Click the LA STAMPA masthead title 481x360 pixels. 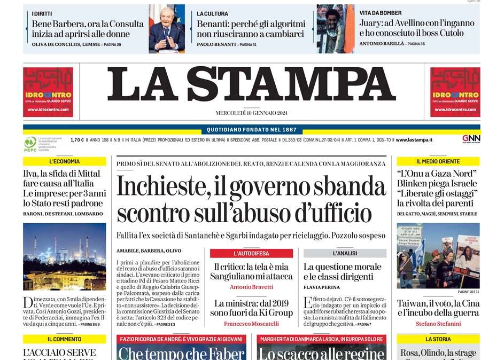click(251, 83)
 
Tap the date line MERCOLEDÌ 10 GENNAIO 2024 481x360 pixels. click(251, 113)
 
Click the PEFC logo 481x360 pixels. click(30, 143)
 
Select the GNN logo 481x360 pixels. click(471, 139)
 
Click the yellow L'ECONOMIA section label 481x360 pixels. click(64, 161)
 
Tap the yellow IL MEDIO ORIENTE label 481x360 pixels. click(438, 161)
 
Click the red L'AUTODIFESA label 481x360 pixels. click(251, 253)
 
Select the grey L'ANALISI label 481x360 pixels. click(345, 253)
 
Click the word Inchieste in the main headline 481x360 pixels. click(160, 187)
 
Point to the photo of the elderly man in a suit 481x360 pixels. click(166, 29)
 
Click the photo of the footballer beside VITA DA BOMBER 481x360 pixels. click(335, 29)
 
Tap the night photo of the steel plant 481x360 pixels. click(64, 256)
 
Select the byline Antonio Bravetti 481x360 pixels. click(251, 287)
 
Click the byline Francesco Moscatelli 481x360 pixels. click(251, 324)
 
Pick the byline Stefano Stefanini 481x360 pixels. click(438, 324)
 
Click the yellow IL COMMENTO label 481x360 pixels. click(64, 339)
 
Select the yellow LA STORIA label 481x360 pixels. click(438, 339)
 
